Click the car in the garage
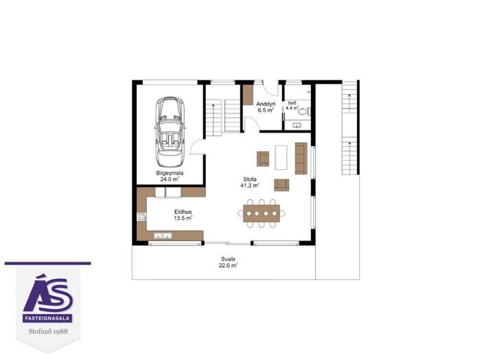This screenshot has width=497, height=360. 170,132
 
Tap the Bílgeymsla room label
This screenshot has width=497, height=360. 170,173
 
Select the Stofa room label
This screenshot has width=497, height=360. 250,179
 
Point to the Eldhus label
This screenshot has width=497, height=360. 183,212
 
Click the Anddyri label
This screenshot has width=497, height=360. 266,104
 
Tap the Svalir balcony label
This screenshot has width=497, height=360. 228,259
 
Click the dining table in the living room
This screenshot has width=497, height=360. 262,213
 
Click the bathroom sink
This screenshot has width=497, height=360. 297,125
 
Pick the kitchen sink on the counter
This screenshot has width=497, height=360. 163,236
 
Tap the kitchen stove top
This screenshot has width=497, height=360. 141,216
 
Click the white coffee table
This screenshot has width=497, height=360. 281,157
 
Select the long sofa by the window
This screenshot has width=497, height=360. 301,158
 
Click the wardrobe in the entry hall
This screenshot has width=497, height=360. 248,95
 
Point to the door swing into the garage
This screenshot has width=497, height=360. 197,148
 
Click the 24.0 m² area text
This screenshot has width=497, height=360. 170,179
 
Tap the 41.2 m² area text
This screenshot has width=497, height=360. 250,185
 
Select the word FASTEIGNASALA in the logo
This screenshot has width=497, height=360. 47,319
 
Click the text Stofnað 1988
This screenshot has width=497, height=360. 48,331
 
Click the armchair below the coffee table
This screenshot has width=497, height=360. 281,185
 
